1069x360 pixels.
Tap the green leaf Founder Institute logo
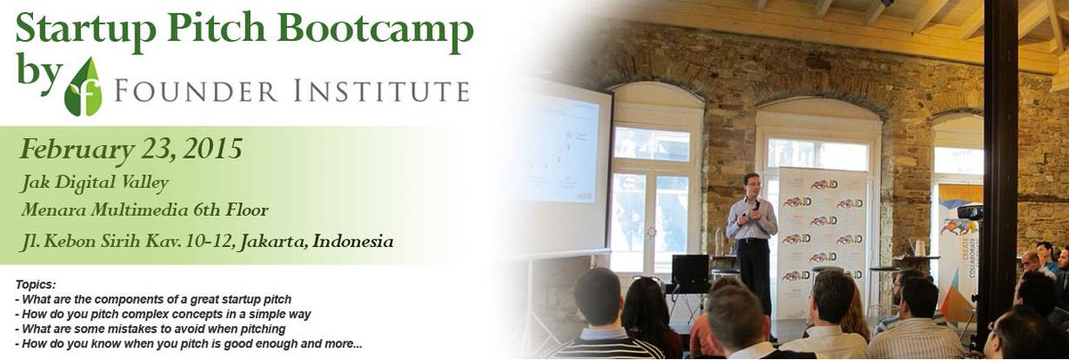pos(83,87)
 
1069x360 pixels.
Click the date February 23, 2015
pos(131,149)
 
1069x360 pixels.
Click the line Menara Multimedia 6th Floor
pos(146,211)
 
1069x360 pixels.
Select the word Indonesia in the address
pos(353,241)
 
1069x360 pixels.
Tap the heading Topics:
pos(36,283)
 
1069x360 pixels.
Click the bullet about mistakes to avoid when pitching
pos(151,328)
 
